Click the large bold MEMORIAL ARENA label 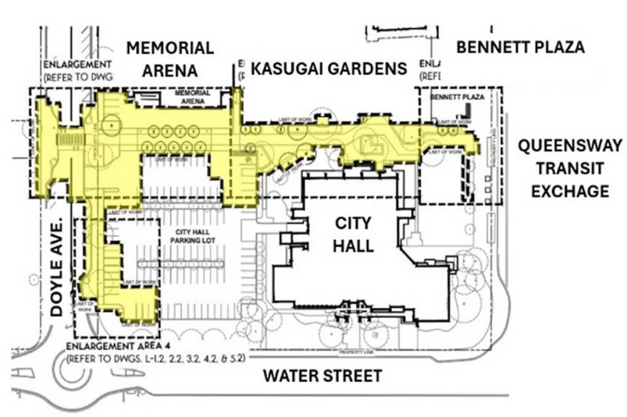[x=170, y=59]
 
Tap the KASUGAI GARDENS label [x=329, y=68]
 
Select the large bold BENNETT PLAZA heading [x=520, y=47]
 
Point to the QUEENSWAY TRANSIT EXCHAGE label [x=569, y=168]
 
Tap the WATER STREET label [x=322, y=375]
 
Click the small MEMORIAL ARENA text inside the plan [x=192, y=96]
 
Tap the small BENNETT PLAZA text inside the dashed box [x=457, y=97]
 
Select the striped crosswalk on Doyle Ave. [x=72, y=140]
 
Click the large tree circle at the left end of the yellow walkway [x=112, y=125]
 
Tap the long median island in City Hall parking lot [x=178, y=264]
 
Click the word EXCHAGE [x=569, y=191]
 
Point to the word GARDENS [x=370, y=68]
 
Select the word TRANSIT [x=569, y=168]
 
